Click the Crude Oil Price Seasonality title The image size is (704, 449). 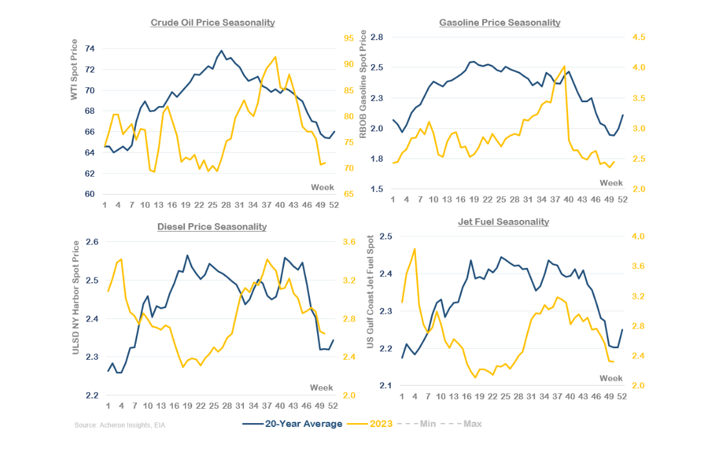[212, 23]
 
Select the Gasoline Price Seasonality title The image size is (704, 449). [500, 23]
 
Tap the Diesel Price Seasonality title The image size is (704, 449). [212, 226]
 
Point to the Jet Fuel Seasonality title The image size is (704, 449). [503, 222]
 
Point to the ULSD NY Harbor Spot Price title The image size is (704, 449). [76, 298]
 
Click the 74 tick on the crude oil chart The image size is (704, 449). [90, 49]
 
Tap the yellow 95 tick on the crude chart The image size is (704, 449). [348, 38]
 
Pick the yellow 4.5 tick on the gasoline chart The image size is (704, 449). [639, 38]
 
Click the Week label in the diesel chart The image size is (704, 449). [322, 388]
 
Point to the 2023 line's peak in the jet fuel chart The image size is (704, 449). [414, 248]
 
